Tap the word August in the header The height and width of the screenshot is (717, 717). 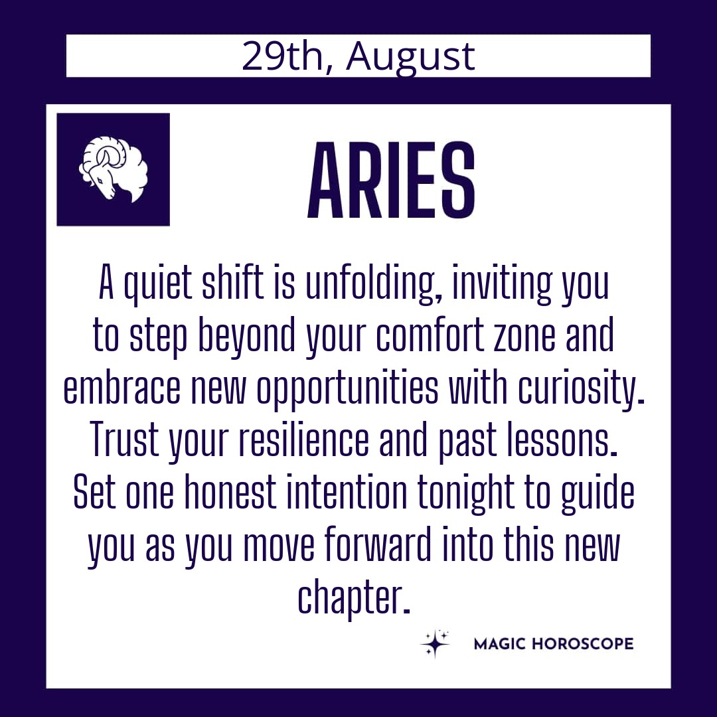point(410,58)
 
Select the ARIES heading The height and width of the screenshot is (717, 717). point(391,181)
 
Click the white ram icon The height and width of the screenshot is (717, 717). point(114,169)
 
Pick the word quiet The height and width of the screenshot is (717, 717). point(157,285)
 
